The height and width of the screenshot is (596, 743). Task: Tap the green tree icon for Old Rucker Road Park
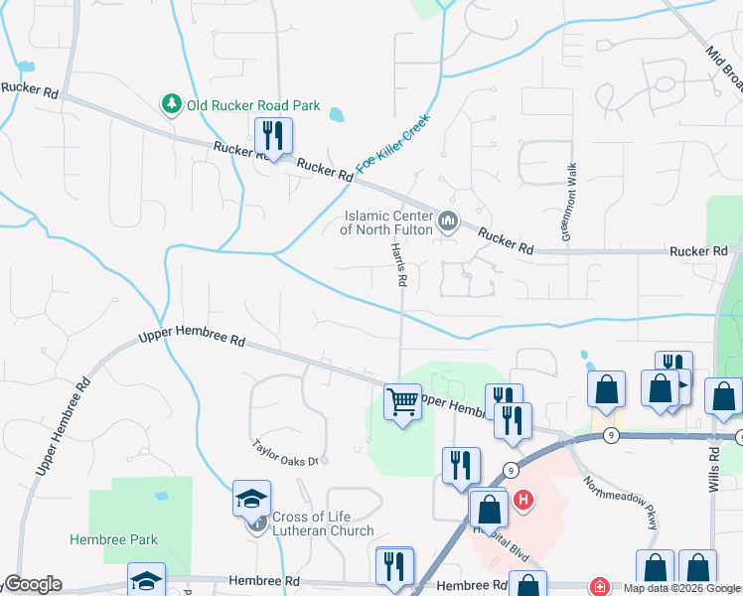(172, 103)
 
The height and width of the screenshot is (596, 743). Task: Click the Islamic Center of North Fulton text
(386, 223)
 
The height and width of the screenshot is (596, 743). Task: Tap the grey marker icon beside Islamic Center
(448, 221)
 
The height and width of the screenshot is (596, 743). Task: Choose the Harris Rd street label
(399, 265)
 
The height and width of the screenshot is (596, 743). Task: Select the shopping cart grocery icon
(402, 401)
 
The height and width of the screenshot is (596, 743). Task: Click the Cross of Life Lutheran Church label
(325, 523)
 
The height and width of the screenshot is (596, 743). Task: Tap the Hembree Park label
(113, 540)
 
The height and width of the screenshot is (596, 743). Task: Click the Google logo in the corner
(32, 584)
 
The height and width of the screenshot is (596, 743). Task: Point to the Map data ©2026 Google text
(682, 588)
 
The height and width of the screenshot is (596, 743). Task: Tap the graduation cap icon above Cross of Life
(252, 498)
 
